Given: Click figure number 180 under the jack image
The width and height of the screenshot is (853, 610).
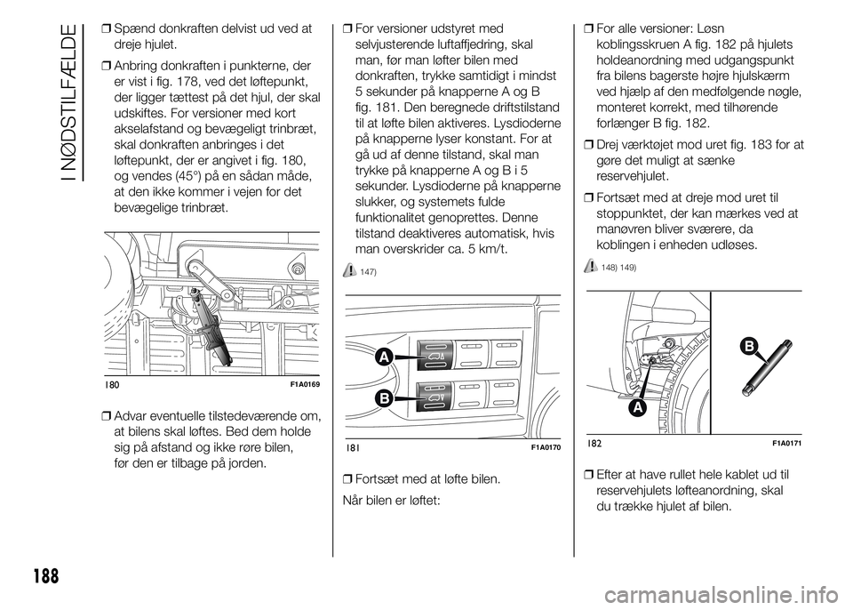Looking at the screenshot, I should pyautogui.click(x=112, y=384).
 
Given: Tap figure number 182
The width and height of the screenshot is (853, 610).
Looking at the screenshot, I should pyautogui.click(x=595, y=442).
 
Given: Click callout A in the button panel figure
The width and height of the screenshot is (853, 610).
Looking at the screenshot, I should pyautogui.click(x=384, y=357).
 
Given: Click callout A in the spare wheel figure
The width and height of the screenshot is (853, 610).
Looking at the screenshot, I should pyautogui.click(x=636, y=407).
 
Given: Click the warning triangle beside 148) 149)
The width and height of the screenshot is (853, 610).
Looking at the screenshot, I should pyautogui.click(x=592, y=266).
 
